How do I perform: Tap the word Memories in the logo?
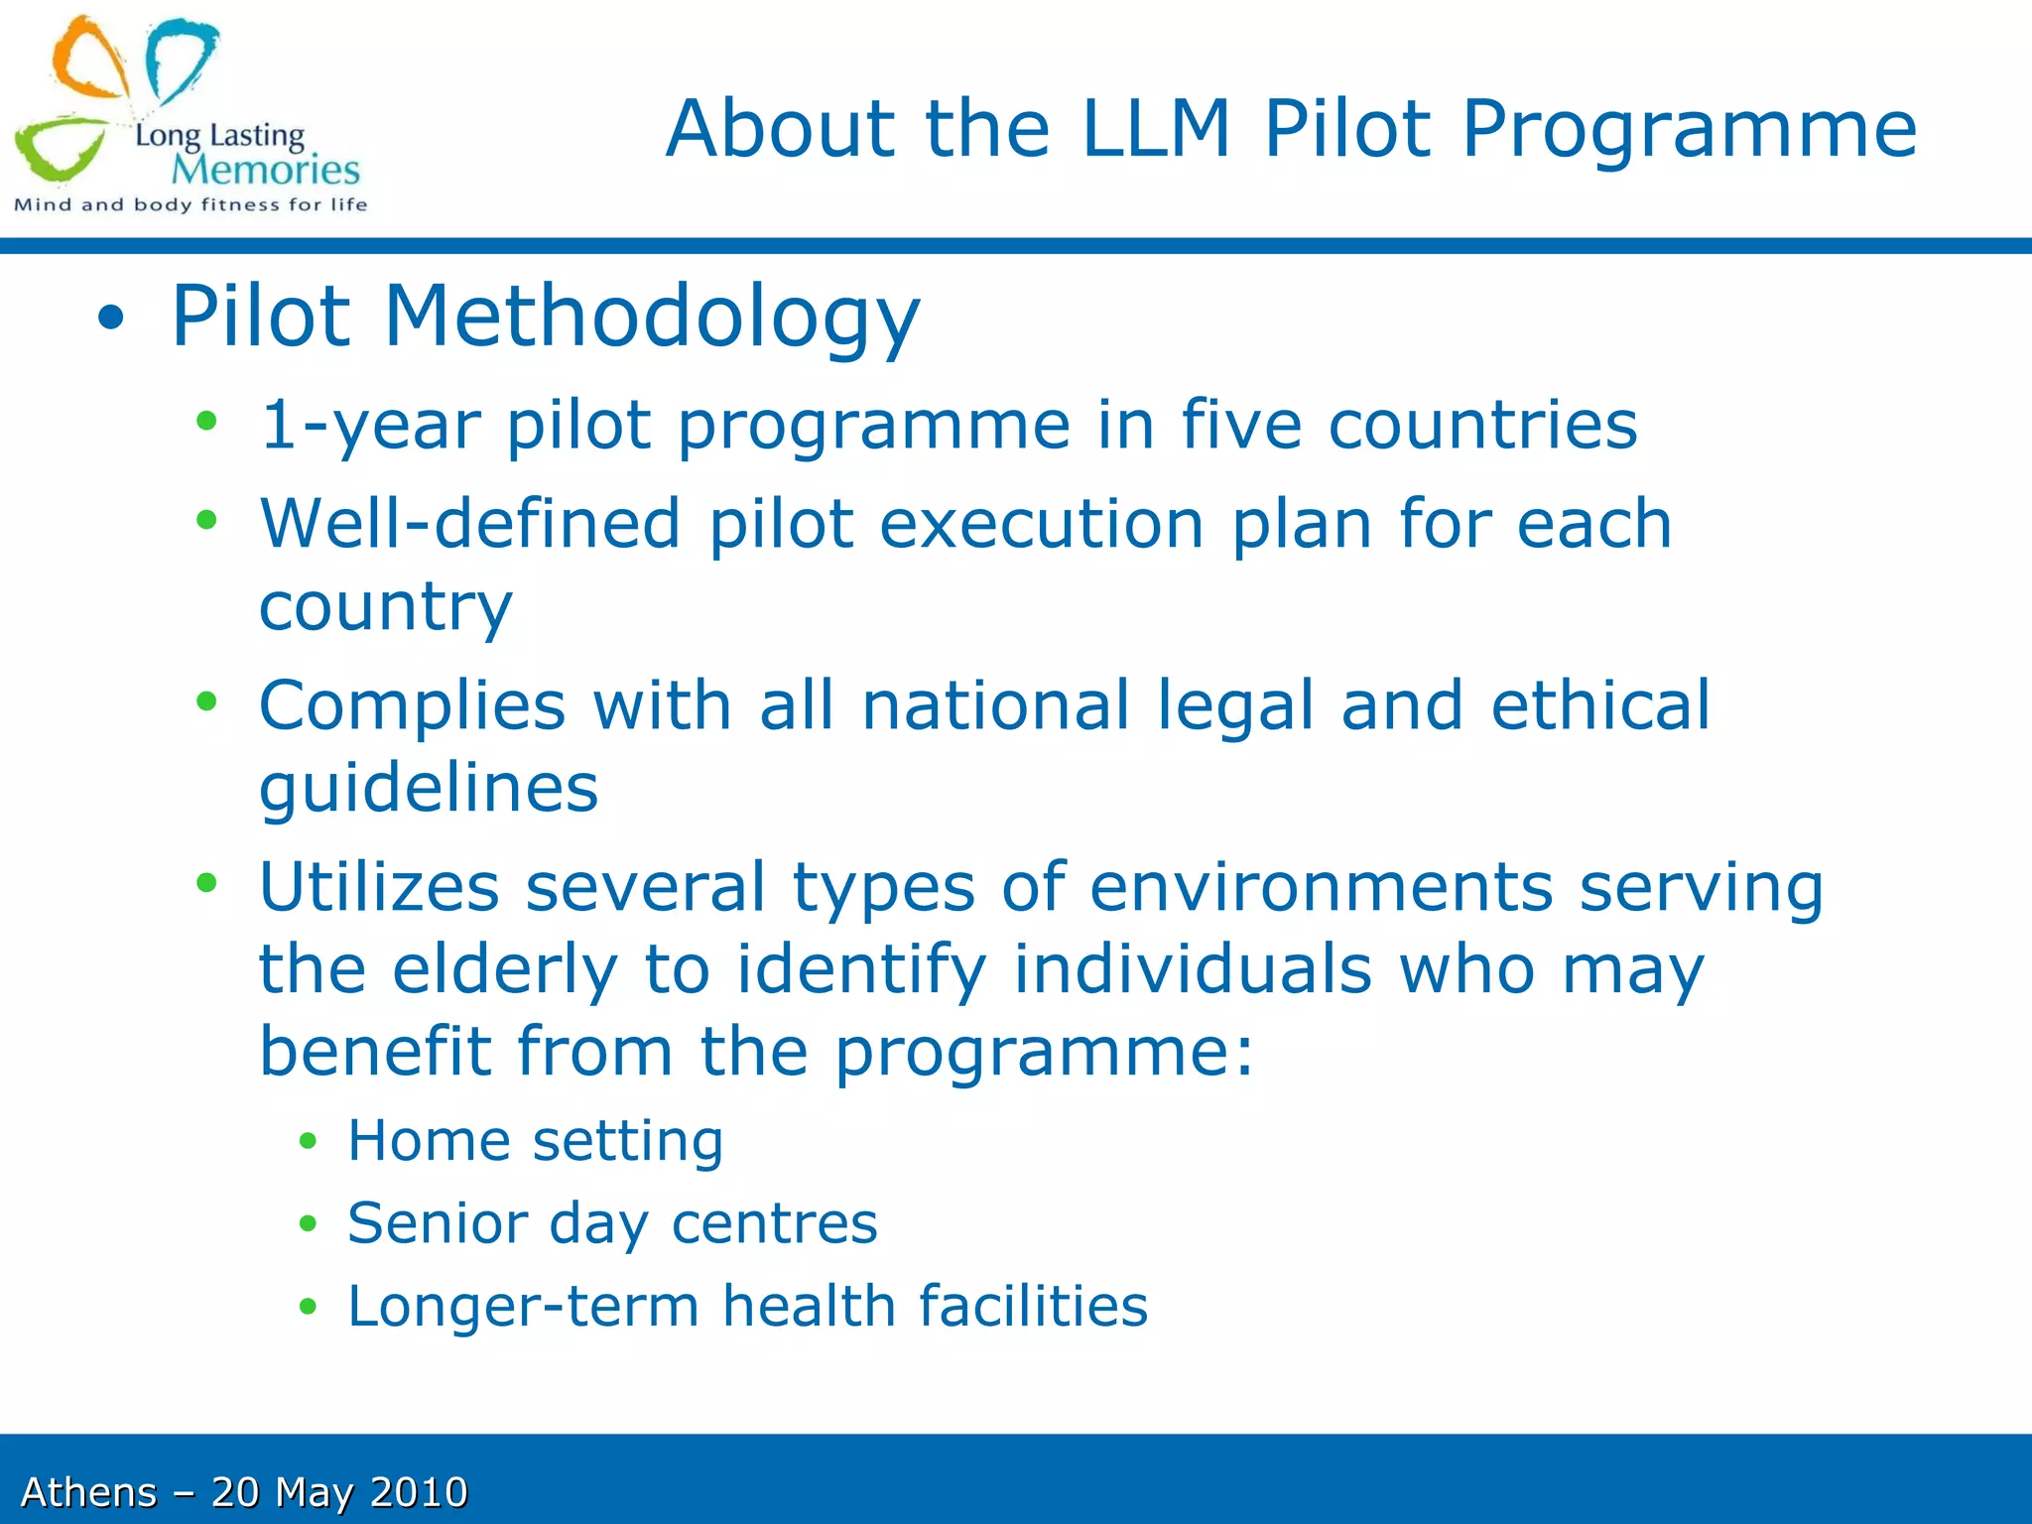point(266,171)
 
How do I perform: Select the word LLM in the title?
point(1156,129)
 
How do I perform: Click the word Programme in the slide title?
point(1689,131)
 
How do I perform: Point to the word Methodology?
point(652,317)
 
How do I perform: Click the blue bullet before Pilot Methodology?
point(111,318)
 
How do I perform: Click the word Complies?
point(413,706)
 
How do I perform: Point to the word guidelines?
point(429,789)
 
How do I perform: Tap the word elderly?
point(505,969)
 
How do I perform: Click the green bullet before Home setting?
point(308,1142)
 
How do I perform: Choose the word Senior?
point(438,1222)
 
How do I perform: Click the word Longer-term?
point(523,1306)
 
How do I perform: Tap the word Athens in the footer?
point(89,1492)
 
